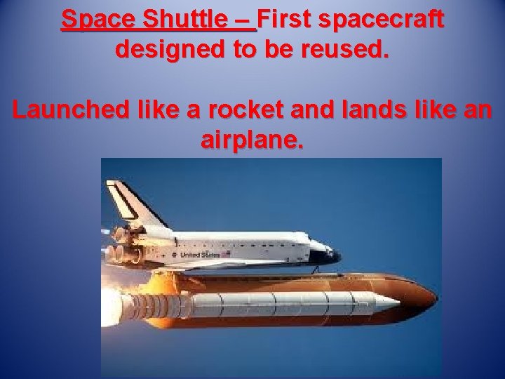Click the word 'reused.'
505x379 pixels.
[x=346, y=49]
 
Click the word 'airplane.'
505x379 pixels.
[x=252, y=140]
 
